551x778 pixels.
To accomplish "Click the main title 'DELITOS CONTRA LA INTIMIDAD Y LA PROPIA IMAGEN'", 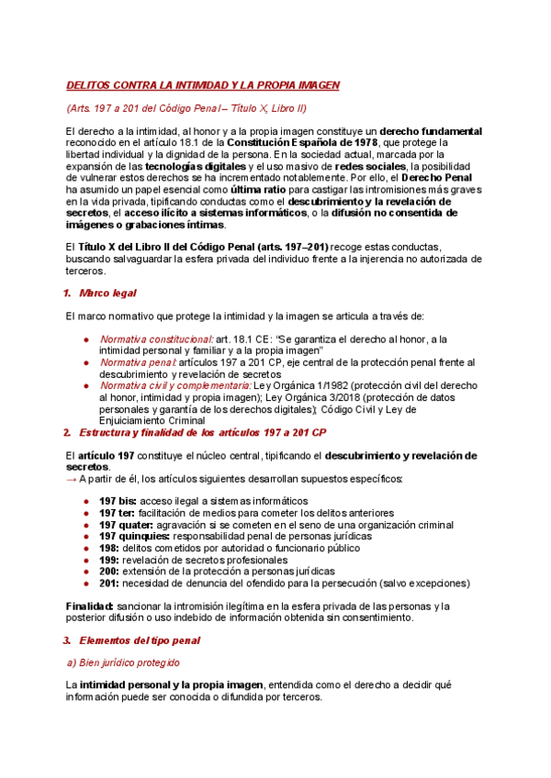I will click(x=203, y=85).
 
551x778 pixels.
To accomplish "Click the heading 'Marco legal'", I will click(x=107, y=293).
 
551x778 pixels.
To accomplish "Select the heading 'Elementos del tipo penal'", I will click(x=139, y=639).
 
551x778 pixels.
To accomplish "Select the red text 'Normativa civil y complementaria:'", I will click(x=174, y=385).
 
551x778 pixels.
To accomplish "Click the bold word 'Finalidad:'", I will click(x=90, y=606).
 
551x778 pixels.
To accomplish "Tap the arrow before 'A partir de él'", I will click(x=72, y=478).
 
